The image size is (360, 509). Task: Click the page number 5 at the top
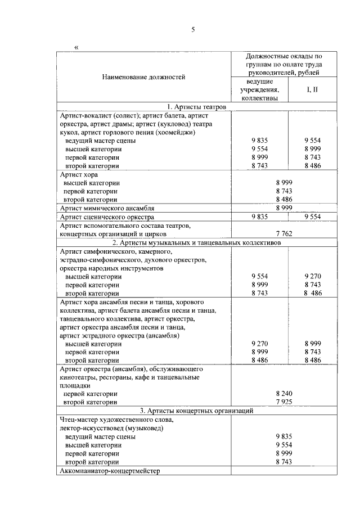192,30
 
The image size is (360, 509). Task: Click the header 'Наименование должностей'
143,77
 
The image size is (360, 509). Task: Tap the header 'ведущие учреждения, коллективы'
259,90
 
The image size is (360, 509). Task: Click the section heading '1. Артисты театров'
196,106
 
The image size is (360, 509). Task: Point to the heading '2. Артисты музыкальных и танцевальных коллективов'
196,242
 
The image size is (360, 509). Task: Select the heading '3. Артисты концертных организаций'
196,411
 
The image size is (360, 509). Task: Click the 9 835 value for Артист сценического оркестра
260,217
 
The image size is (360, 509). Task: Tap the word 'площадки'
74,386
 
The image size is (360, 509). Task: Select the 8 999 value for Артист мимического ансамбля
285,208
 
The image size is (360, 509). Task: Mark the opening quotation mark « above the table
76,47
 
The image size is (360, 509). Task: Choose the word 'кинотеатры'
78,377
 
